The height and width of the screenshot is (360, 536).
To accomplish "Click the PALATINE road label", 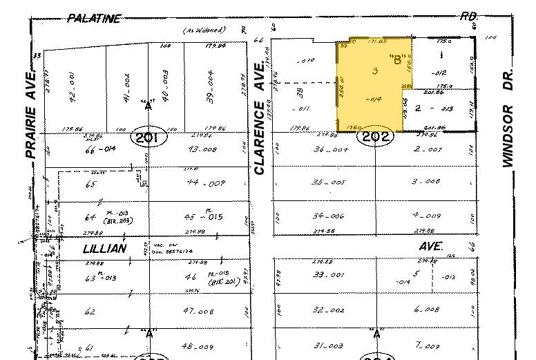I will click(94, 19).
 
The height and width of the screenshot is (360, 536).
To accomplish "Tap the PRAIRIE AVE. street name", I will click(29, 115).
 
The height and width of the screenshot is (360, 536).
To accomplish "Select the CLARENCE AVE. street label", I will click(260, 117).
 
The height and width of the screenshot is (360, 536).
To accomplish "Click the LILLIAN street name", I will click(104, 248).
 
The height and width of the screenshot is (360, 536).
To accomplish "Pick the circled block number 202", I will click(376, 136).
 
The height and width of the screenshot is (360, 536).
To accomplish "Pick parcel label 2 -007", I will click(425, 149).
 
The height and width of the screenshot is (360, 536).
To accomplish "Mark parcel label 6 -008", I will click(425, 310).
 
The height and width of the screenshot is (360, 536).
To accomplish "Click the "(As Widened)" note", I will click(204, 30).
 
